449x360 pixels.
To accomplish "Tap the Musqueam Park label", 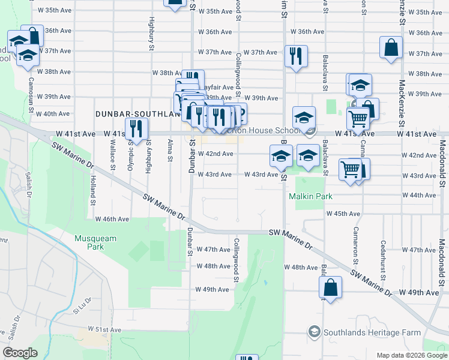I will pyautogui.click(x=95, y=242).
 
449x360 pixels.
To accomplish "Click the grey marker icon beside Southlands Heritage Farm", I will pyautogui.click(x=313, y=331).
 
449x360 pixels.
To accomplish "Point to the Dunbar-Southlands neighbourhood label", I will pyautogui.click(x=137, y=113).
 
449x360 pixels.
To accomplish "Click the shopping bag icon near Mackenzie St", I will pyautogui.click(x=391, y=49).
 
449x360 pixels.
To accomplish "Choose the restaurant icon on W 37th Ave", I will pyautogui.click(x=295, y=56).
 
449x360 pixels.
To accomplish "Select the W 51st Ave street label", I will pyautogui.click(x=105, y=329).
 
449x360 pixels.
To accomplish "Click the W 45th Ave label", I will pyautogui.click(x=343, y=214).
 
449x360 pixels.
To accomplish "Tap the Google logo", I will pyautogui.click(x=20, y=353).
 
